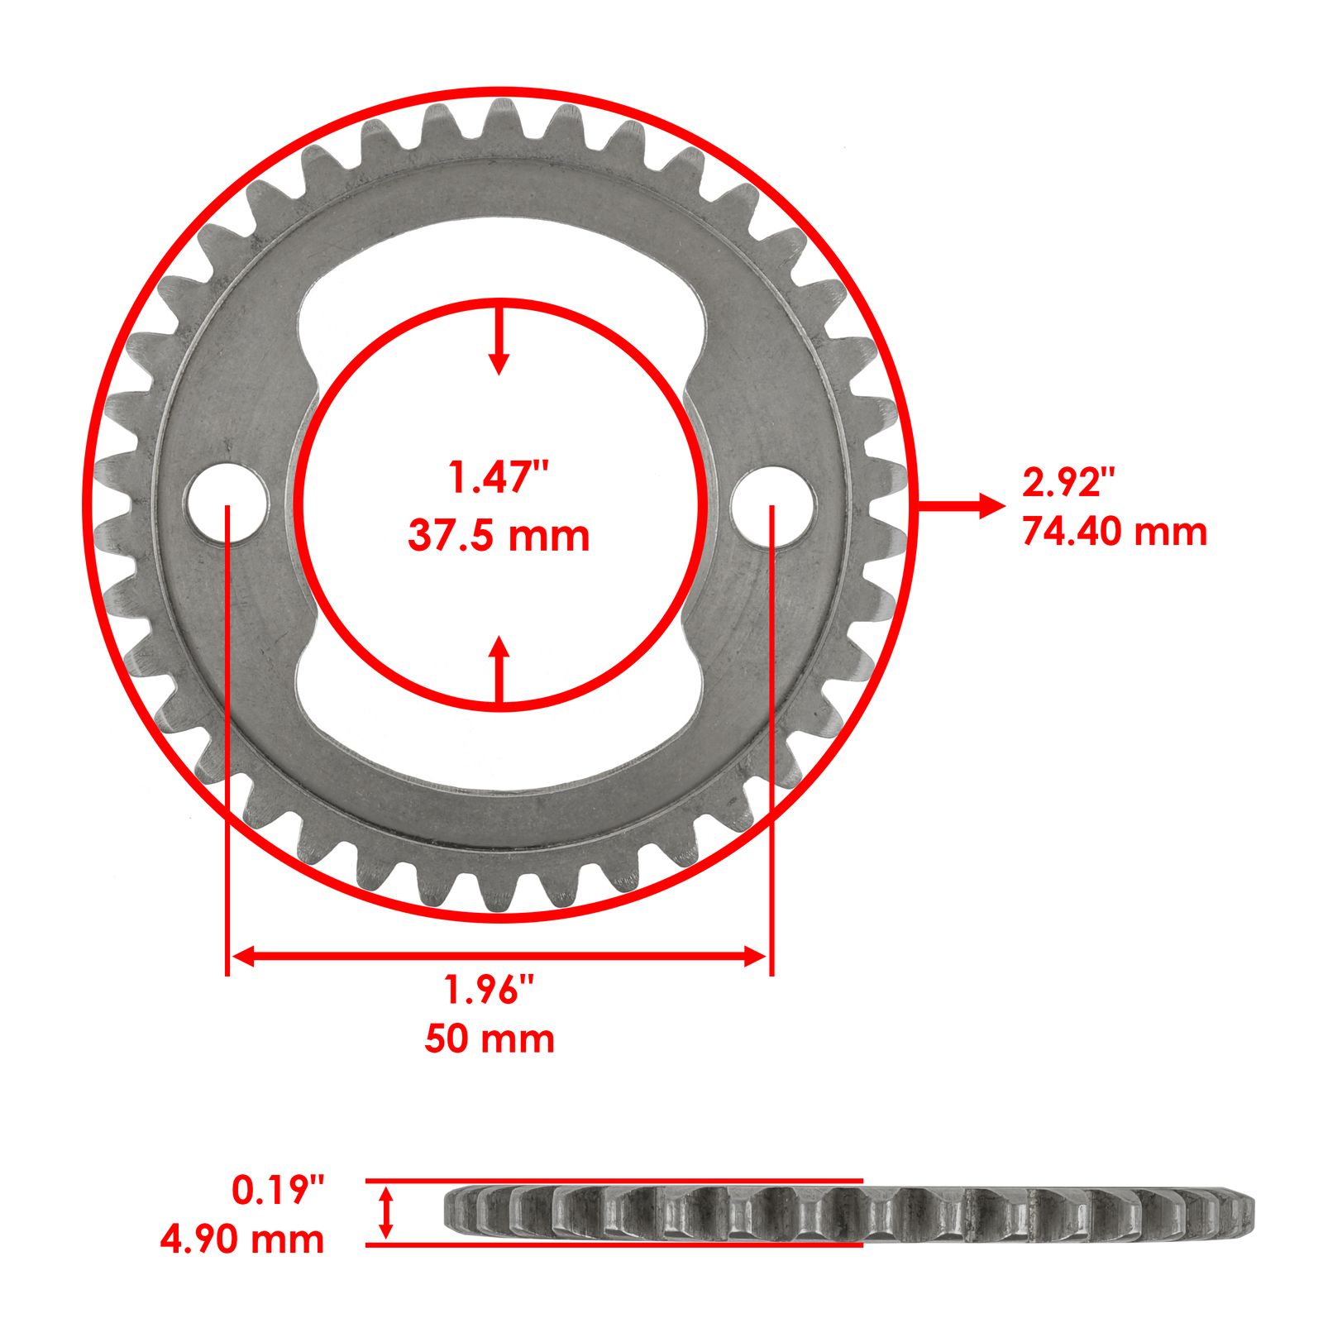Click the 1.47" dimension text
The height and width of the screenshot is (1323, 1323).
[x=498, y=478]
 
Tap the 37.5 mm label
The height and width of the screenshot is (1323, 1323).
[x=499, y=536]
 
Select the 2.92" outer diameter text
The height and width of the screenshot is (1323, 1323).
[x=1068, y=482]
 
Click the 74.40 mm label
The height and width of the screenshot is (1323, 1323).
[x=1115, y=531]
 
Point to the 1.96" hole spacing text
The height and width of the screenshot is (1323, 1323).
[x=489, y=990]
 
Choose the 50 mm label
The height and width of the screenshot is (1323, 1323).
[x=490, y=1039]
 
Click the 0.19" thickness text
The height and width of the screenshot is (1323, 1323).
[x=278, y=1190]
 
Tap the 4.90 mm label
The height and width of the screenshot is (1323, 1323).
[x=242, y=1239]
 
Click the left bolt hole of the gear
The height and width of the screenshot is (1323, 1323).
[x=227, y=504]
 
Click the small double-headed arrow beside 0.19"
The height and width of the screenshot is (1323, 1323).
[x=385, y=1212]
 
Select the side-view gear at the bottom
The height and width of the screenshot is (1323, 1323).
[x=849, y=1213]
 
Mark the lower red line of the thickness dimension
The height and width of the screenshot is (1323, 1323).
[x=614, y=1244]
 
